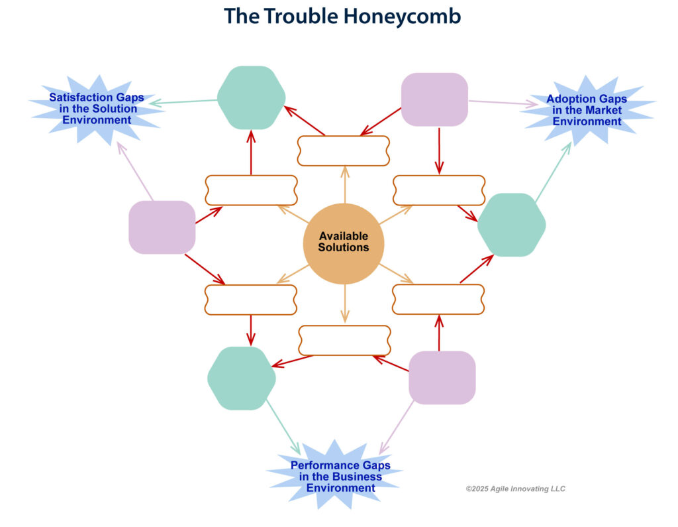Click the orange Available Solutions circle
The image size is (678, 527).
point(344,243)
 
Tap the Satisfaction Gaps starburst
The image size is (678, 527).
point(97,109)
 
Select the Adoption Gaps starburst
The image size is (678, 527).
point(587,111)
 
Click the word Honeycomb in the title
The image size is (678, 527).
point(402,17)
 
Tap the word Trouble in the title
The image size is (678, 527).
point(301,17)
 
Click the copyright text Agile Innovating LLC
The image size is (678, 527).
point(515,489)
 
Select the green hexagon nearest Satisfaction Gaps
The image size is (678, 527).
point(251,98)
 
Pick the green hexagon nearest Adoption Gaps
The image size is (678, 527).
point(512,225)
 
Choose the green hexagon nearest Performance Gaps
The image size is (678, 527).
point(242,379)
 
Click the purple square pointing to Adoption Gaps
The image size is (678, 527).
point(434,99)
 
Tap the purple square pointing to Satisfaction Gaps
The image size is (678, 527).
point(162,227)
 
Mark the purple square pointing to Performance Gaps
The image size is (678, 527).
point(442,378)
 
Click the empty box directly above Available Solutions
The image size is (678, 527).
point(344,150)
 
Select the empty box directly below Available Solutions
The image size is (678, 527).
point(344,340)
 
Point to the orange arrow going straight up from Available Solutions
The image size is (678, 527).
point(344,184)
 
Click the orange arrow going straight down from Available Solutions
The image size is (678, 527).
point(344,304)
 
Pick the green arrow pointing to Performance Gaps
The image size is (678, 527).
point(283,427)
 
